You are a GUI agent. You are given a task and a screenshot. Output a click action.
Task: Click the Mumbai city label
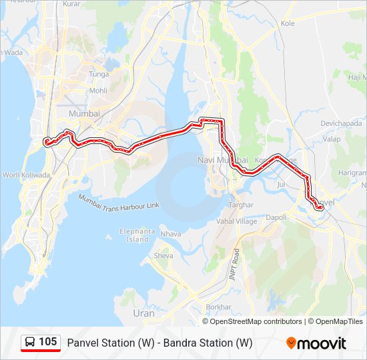(x=84, y=114)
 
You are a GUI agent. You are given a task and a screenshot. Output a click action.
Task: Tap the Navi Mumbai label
(x=222, y=160)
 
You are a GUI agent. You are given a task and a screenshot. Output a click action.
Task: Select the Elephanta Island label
(x=137, y=235)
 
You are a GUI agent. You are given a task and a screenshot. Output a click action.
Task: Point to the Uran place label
(x=143, y=313)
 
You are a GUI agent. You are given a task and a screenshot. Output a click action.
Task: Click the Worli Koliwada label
(x=26, y=175)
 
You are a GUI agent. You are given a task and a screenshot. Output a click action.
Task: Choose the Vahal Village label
(x=236, y=221)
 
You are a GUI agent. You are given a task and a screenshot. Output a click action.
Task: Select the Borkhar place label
(x=218, y=307)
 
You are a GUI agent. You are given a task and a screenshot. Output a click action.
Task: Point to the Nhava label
(x=171, y=234)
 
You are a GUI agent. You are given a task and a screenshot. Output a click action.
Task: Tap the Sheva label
(x=163, y=255)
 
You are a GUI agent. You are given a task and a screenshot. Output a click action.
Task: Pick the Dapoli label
(x=276, y=217)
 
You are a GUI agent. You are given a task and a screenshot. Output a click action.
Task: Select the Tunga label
(x=99, y=74)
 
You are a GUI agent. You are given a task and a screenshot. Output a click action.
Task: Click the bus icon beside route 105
(x=30, y=343)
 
